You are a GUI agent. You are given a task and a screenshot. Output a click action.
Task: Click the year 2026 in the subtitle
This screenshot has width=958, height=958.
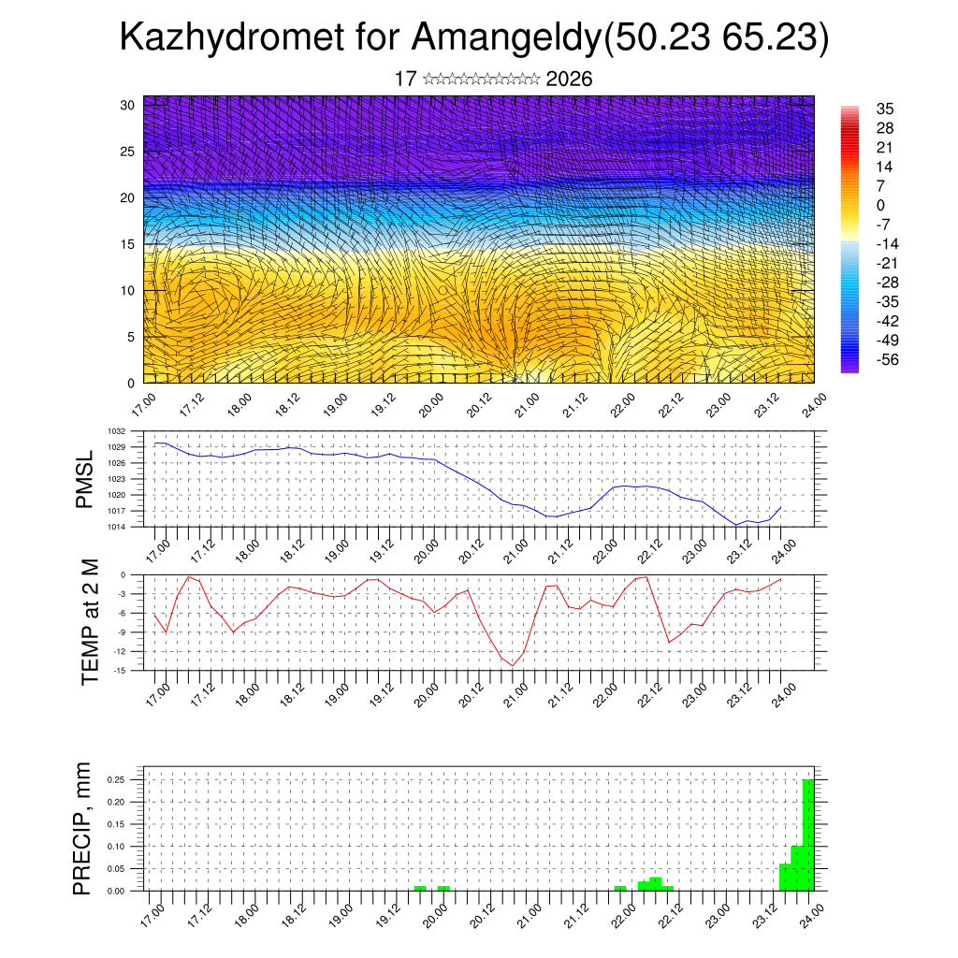point(569,80)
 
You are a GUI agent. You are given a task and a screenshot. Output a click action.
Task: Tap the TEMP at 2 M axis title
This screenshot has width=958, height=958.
point(90,621)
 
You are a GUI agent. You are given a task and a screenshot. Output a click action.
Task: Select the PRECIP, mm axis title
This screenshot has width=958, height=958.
point(84,829)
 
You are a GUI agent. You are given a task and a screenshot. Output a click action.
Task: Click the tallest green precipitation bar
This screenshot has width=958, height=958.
point(808,834)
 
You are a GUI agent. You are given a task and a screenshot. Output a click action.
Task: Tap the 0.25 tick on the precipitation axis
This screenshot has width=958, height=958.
point(115,779)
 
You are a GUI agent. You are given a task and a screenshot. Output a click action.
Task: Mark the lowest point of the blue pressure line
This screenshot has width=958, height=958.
point(737,525)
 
